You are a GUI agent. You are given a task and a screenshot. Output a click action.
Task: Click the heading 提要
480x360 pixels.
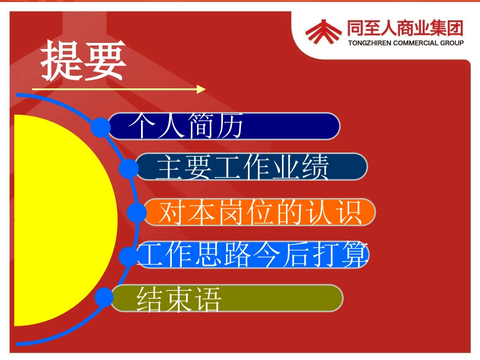pyautogui.click(x=83, y=60)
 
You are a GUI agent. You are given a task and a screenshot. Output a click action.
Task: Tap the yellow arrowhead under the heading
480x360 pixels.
pyautogui.click(x=201, y=89)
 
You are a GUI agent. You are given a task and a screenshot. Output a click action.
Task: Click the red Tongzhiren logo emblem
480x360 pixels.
pyautogui.click(x=323, y=31)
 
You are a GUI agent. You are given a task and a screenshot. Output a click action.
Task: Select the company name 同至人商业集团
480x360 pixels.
pyautogui.click(x=405, y=28)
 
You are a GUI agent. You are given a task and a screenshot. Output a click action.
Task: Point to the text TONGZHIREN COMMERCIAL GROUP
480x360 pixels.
pyautogui.click(x=406, y=43)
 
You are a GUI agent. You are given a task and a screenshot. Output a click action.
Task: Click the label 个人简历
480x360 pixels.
pyautogui.click(x=186, y=125)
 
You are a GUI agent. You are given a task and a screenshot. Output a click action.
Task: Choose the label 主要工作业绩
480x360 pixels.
pyautogui.click(x=243, y=167)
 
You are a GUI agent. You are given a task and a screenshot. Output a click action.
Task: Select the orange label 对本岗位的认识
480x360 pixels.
pyautogui.click(x=260, y=212)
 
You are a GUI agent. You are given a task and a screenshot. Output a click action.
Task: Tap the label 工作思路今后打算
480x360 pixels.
pyautogui.click(x=253, y=254)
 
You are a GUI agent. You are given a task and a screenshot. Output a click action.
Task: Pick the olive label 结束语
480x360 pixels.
pyautogui.click(x=179, y=299)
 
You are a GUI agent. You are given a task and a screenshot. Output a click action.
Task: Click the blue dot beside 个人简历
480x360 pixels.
pyautogui.click(x=101, y=127)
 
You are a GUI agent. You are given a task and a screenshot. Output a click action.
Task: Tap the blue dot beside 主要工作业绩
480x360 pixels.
pyautogui.click(x=128, y=168)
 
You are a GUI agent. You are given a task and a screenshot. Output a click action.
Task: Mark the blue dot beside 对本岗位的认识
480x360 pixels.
pyautogui.click(x=136, y=212)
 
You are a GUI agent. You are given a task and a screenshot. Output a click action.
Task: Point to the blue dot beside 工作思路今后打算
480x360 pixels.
pyautogui.click(x=128, y=256)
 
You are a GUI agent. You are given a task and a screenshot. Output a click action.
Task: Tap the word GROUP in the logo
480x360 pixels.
pyautogui.click(x=452, y=43)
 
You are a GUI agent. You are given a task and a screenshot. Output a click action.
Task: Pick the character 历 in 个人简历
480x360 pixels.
pyautogui.click(x=229, y=125)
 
